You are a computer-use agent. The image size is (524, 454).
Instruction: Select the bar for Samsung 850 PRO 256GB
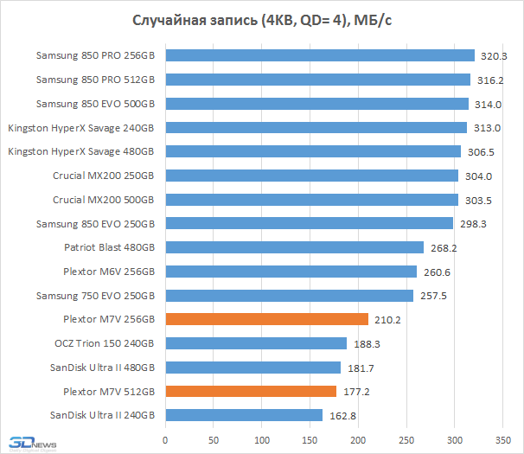point(320,56)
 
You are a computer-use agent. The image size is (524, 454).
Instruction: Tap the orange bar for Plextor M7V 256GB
point(266,319)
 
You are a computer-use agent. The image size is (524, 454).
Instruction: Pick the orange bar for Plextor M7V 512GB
point(251,391)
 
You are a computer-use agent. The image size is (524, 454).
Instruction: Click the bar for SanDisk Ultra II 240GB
point(244,415)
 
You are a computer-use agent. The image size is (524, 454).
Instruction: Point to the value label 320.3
point(494,56)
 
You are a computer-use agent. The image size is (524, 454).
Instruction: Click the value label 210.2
point(387,319)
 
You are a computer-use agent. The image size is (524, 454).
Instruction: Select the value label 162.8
point(342,415)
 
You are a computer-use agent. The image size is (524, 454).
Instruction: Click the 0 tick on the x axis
point(165,437)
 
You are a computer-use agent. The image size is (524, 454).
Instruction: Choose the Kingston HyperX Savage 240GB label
point(81,128)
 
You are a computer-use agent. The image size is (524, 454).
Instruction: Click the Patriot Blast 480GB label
point(110,247)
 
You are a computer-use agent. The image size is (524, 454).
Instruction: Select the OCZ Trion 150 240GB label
point(104,343)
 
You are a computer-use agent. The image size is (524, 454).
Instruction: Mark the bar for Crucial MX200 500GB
point(311,200)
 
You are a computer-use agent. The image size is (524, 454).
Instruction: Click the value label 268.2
point(443,247)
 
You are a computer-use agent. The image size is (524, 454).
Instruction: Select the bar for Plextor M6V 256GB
point(291,272)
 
